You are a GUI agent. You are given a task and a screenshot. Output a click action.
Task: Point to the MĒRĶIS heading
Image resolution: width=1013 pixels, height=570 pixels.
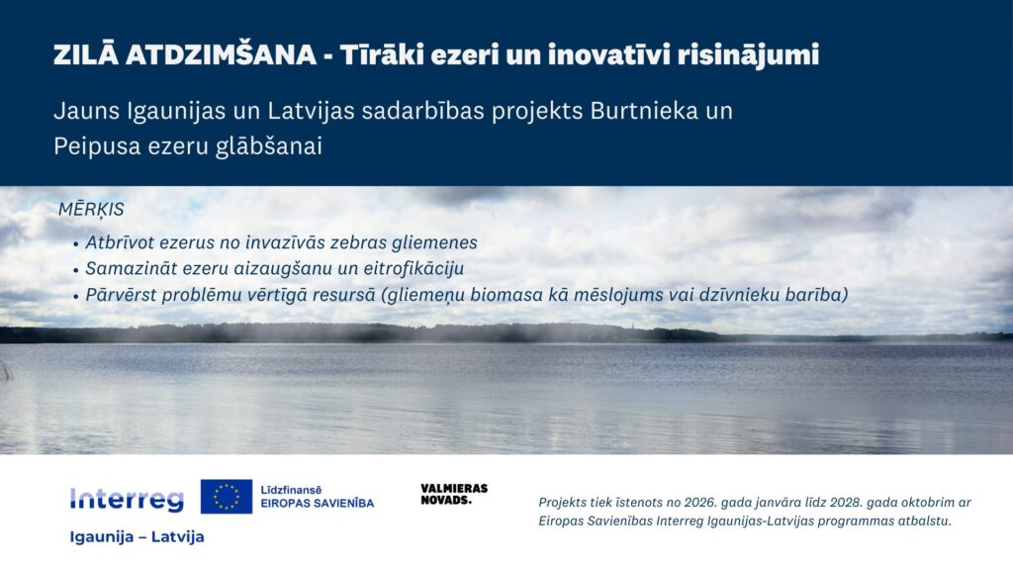click(91, 210)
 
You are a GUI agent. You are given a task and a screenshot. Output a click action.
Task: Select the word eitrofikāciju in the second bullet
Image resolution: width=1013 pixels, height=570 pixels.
click(410, 268)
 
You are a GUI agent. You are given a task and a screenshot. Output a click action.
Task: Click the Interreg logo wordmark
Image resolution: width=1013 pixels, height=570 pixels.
click(127, 500)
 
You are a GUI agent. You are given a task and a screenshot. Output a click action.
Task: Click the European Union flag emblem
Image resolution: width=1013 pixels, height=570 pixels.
click(227, 496)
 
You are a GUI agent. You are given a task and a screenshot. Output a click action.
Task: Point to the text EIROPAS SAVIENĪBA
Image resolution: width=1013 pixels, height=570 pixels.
click(317, 504)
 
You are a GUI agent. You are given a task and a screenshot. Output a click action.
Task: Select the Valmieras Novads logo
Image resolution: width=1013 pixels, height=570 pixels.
click(454, 494)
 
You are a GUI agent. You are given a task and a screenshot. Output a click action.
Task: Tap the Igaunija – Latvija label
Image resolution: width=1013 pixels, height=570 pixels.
click(137, 537)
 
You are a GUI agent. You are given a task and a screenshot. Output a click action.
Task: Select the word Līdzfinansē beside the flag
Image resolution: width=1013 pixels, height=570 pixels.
click(291, 489)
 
